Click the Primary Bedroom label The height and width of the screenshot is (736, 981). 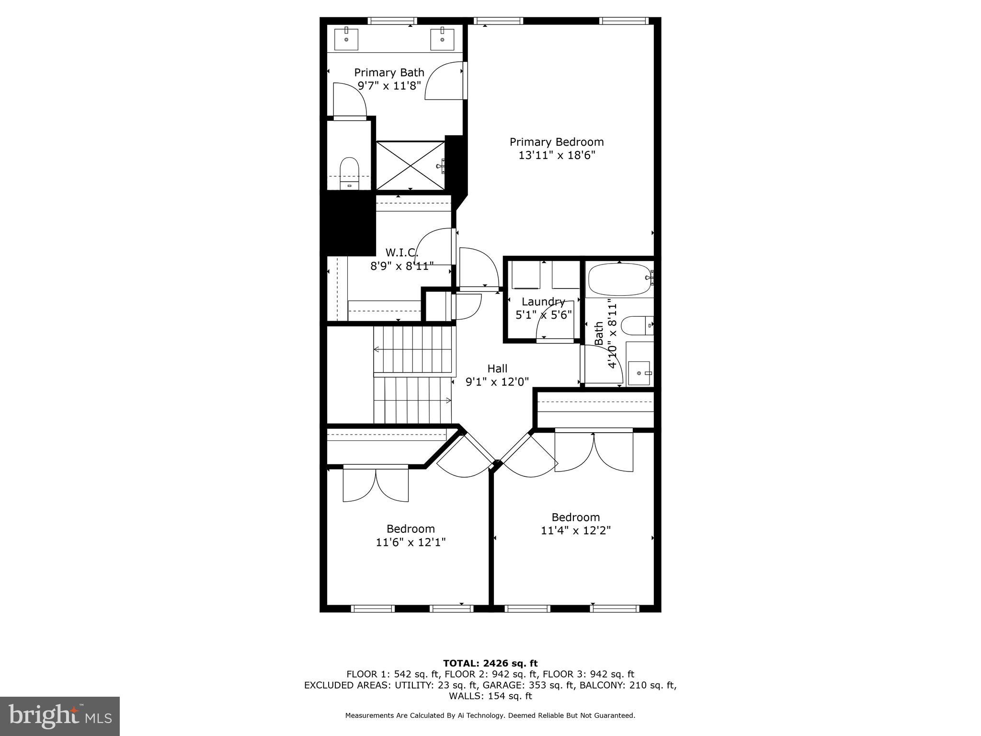tap(557, 142)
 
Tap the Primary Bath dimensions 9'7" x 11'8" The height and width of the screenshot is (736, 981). tap(389, 86)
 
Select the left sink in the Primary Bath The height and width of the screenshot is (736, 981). tap(346, 39)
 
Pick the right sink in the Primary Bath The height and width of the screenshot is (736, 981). tap(442, 39)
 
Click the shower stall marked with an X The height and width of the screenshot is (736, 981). tap(411, 165)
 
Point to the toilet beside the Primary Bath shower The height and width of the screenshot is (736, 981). tap(349, 172)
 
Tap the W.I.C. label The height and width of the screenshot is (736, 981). tap(401, 252)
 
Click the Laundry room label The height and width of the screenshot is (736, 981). tap(543, 302)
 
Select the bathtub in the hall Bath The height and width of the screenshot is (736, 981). tap(619, 279)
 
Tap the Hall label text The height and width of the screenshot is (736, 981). tap(497, 368)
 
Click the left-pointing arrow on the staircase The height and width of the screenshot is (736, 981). tap(376, 349)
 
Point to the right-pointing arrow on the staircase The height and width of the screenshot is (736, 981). tap(448, 400)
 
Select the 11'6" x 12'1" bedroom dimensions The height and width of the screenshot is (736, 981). tap(411, 542)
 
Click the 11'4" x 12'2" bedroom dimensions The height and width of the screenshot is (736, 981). tap(576, 531)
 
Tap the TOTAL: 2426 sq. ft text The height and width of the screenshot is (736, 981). tap(490, 663)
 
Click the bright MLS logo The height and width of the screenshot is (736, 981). tap(60, 716)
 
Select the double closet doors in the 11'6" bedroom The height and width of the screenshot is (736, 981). tap(376, 484)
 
